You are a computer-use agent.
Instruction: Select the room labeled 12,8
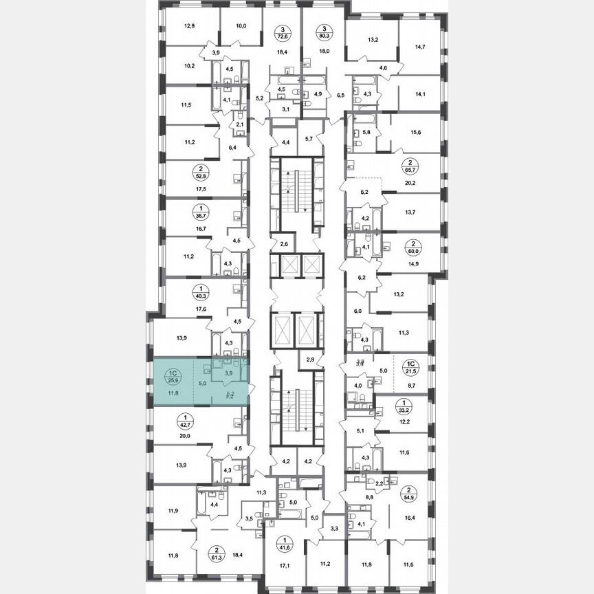pos(190,27)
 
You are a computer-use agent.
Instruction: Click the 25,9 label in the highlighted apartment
pos(170,379)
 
